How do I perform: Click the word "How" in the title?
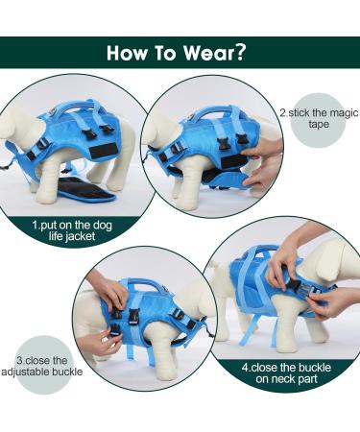click(x=130, y=53)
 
